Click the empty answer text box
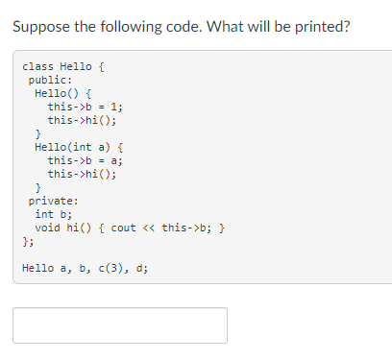tap(120, 325)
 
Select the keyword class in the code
tap(37, 66)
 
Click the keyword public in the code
tap(46, 81)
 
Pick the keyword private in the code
tap(50, 202)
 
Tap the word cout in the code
tap(123, 228)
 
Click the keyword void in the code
tap(47, 228)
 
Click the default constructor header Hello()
tap(58, 94)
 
